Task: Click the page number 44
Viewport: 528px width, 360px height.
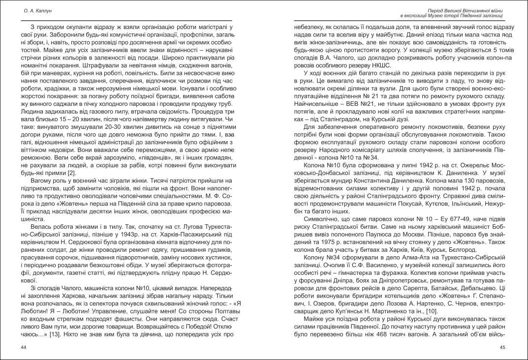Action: (x=24, y=348)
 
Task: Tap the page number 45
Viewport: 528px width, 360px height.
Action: (x=502, y=348)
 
